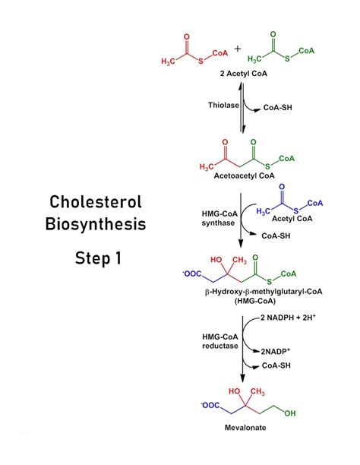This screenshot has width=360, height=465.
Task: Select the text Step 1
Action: coord(97,258)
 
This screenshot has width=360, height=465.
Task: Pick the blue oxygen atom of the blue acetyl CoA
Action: coord(283,186)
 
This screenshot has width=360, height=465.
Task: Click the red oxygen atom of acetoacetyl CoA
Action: coord(226,141)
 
